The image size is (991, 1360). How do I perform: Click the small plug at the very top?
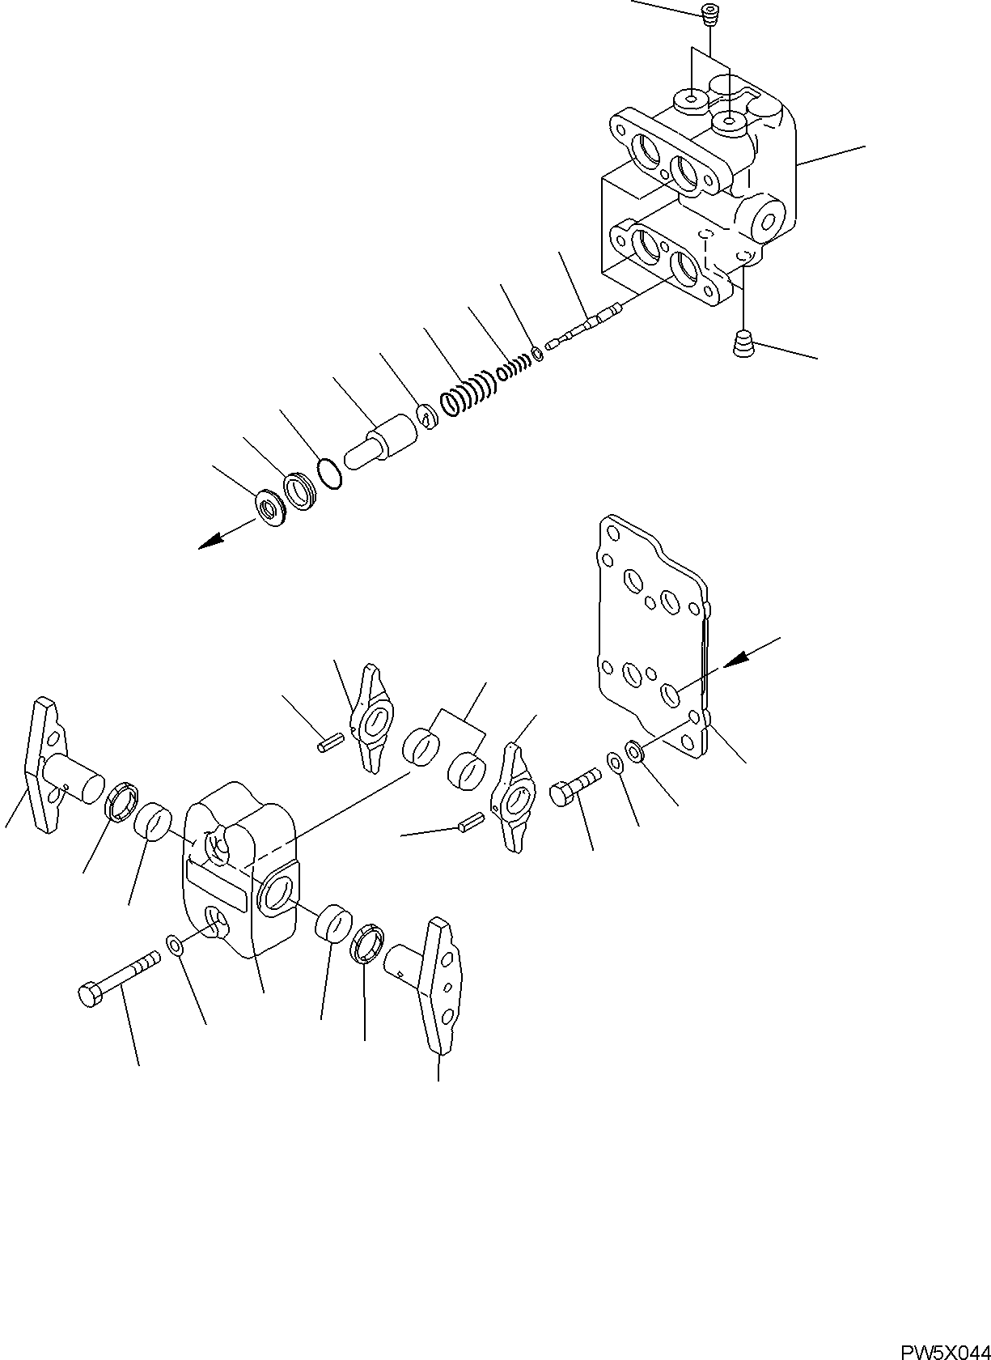pyautogui.click(x=710, y=15)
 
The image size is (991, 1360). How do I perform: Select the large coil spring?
pyautogui.click(x=467, y=393)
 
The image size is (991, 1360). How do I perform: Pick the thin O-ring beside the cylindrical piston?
pyautogui.click(x=329, y=474)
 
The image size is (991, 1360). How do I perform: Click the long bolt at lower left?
pyautogui.click(x=117, y=977)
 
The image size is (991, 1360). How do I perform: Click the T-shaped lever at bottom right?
pyautogui.click(x=433, y=984)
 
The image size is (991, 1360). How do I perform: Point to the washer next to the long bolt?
pyautogui.click(x=174, y=942)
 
